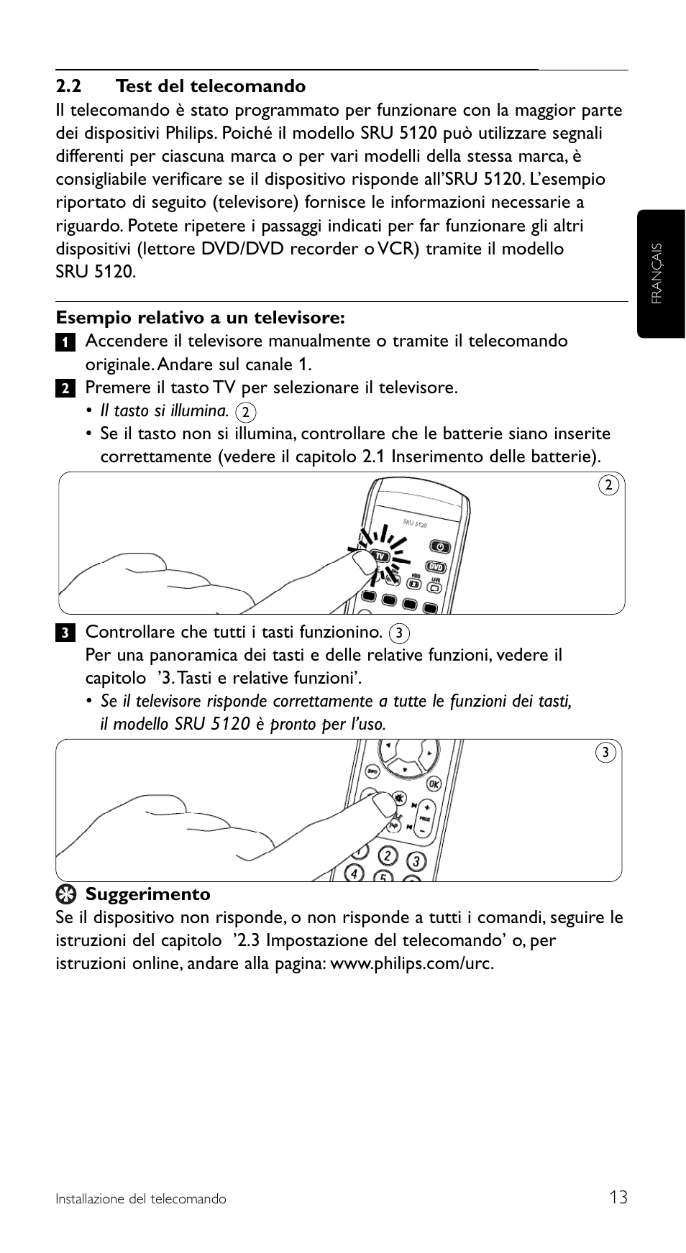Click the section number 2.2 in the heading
coord(68,86)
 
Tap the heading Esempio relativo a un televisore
coord(201,317)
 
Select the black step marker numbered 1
coord(65,342)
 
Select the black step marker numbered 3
coord(65,633)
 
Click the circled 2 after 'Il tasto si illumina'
coord(246,412)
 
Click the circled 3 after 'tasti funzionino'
coord(398,633)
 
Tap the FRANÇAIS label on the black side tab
coord(657,273)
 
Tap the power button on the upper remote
coord(439,546)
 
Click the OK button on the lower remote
coord(434,784)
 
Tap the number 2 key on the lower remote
coord(388,856)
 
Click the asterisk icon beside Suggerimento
coord(66,894)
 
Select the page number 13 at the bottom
coord(618,1197)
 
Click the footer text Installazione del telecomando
coord(141,1199)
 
